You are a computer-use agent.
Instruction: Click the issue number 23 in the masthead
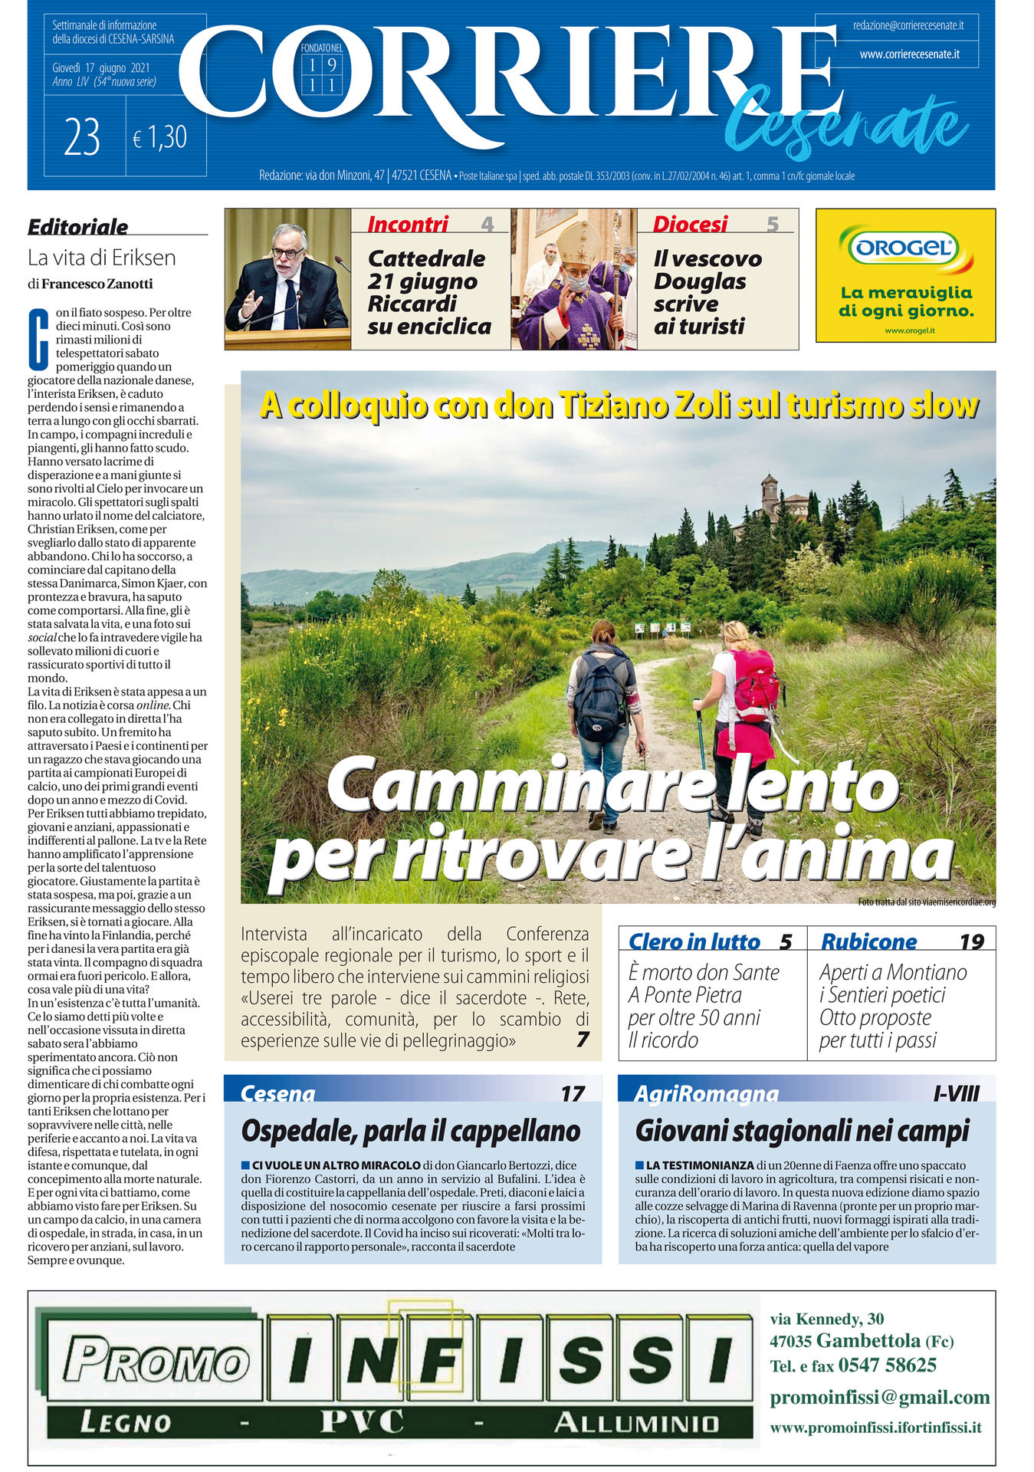click(x=83, y=139)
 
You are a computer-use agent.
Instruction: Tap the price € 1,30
click(x=159, y=138)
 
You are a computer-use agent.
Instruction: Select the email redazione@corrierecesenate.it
click(x=908, y=25)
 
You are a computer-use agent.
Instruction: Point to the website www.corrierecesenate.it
click(x=909, y=54)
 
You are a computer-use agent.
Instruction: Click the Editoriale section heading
click(x=77, y=226)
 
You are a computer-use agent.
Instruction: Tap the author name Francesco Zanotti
click(x=97, y=284)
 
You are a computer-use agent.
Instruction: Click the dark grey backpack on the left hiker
click(x=600, y=696)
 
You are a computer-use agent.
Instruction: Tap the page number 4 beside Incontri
click(x=487, y=224)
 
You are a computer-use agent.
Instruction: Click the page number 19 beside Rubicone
click(x=971, y=941)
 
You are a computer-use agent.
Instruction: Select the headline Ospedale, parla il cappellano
click(x=411, y=1131)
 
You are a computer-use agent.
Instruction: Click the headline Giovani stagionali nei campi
click(x=802, y=1131)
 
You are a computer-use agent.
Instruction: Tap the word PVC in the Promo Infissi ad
click(x=361, y=1422)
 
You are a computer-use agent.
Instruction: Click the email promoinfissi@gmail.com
click(x=879, y=1397)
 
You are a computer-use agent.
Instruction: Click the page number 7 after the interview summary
click(x=583, y=1040)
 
